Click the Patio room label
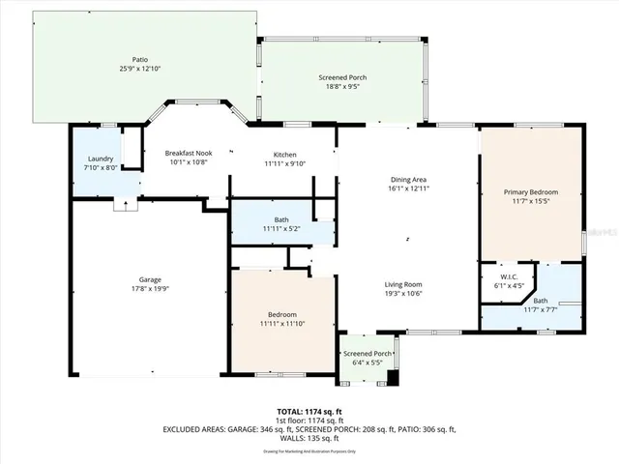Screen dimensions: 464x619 click(x=140, y=60)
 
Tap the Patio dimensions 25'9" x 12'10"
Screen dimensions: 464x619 click(x=140, y=69)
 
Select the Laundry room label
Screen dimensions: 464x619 click(x=101, y=159)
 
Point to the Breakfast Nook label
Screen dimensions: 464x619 click(x=188, y=154)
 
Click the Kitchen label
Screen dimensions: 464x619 click(x=284, y=155)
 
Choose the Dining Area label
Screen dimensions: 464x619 click(x=407, y=180)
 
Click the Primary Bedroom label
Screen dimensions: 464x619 click(x=531, y=192)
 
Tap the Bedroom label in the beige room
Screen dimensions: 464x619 click(x=282, y=315)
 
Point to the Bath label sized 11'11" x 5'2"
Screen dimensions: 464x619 click(x=281, y=219)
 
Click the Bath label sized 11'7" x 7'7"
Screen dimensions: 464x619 click(x=540, y=301)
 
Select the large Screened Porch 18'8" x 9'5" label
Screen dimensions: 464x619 click(x=345, y=77)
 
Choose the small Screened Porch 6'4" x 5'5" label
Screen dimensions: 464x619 click(x=368, y=353)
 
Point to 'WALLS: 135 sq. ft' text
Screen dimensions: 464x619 click(x=309, y=437)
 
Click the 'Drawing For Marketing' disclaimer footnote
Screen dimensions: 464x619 click(x=309, y=450)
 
